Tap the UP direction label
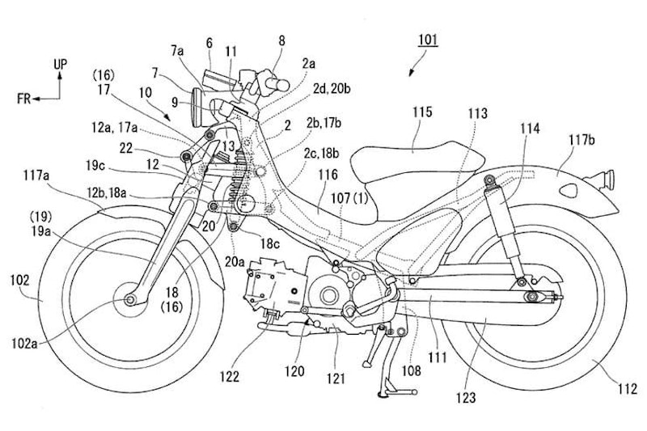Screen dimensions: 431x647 coord(61,62)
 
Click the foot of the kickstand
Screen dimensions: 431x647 coord(380,395)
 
